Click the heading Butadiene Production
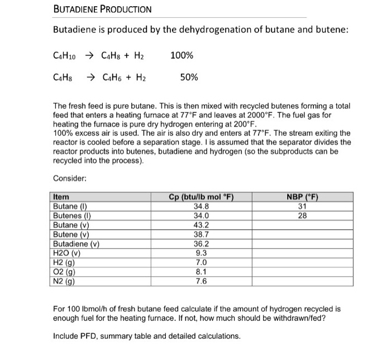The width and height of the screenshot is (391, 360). click(x=102, y=10)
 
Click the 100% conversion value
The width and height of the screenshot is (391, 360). click(x=182, y=55)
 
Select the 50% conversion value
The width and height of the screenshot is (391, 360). click(x=189, y=78)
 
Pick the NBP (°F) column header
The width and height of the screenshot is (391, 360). click(x=302, y=196)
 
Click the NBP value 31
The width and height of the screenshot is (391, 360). click(x=302, y=205)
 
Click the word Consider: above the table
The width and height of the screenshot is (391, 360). click(x=69, y=178)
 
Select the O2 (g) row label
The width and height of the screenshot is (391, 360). click(x=64, y=272)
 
